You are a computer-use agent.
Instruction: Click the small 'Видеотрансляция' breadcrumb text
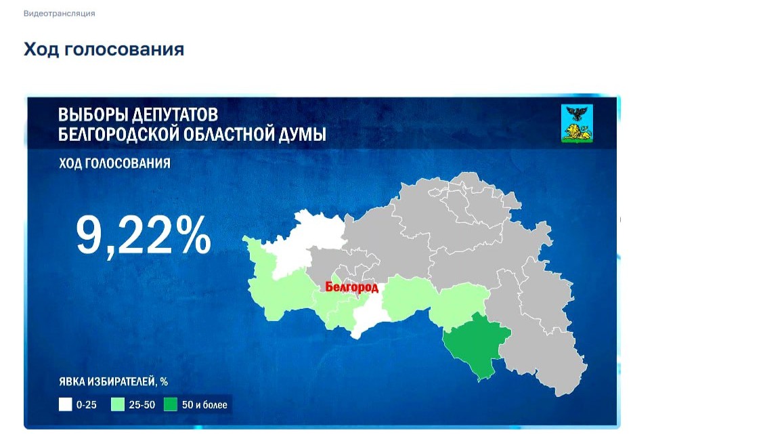59,14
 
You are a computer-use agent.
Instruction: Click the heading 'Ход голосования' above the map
104,49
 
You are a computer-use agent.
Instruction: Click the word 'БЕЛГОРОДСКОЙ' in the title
119,134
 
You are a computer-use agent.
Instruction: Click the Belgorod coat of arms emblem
577,123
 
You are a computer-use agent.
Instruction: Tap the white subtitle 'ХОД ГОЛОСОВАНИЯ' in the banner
114,164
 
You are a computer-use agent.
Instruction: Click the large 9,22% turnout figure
143,235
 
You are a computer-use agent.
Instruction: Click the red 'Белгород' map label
352,287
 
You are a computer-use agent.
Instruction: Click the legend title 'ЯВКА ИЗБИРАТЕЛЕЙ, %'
113,382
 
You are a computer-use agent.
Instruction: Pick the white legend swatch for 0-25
65,405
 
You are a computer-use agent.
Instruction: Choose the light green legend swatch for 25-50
118,405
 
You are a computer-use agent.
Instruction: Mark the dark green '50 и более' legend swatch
171,405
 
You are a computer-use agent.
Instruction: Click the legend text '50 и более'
204,406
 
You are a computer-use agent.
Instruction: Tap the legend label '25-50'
140,406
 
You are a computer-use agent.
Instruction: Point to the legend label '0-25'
87,406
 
